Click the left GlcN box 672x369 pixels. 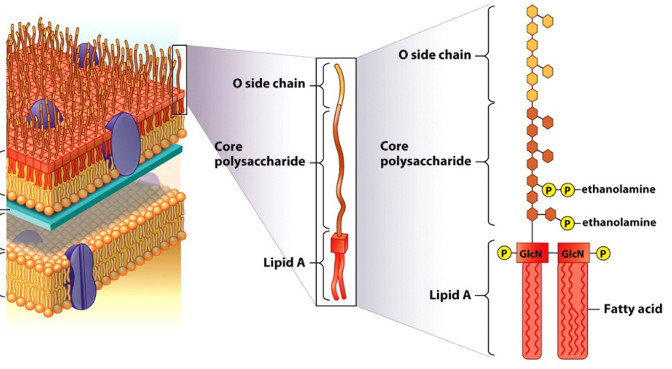click(x=532, y=253)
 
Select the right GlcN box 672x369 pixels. click(x=573, y=253)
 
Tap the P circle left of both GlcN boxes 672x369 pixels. click(x=503, y=253)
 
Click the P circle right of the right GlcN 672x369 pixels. click(x=604, y=253)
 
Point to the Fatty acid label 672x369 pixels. click(x=632, y=309)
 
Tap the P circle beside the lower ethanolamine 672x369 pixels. click(x=566, y=223)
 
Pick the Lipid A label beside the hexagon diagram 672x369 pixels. click(x=450, y=295)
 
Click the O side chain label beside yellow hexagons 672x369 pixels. click(x=434, y=54)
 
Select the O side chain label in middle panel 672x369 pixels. click(x=269, y=83)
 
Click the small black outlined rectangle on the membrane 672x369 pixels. click(x=179, y=79)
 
